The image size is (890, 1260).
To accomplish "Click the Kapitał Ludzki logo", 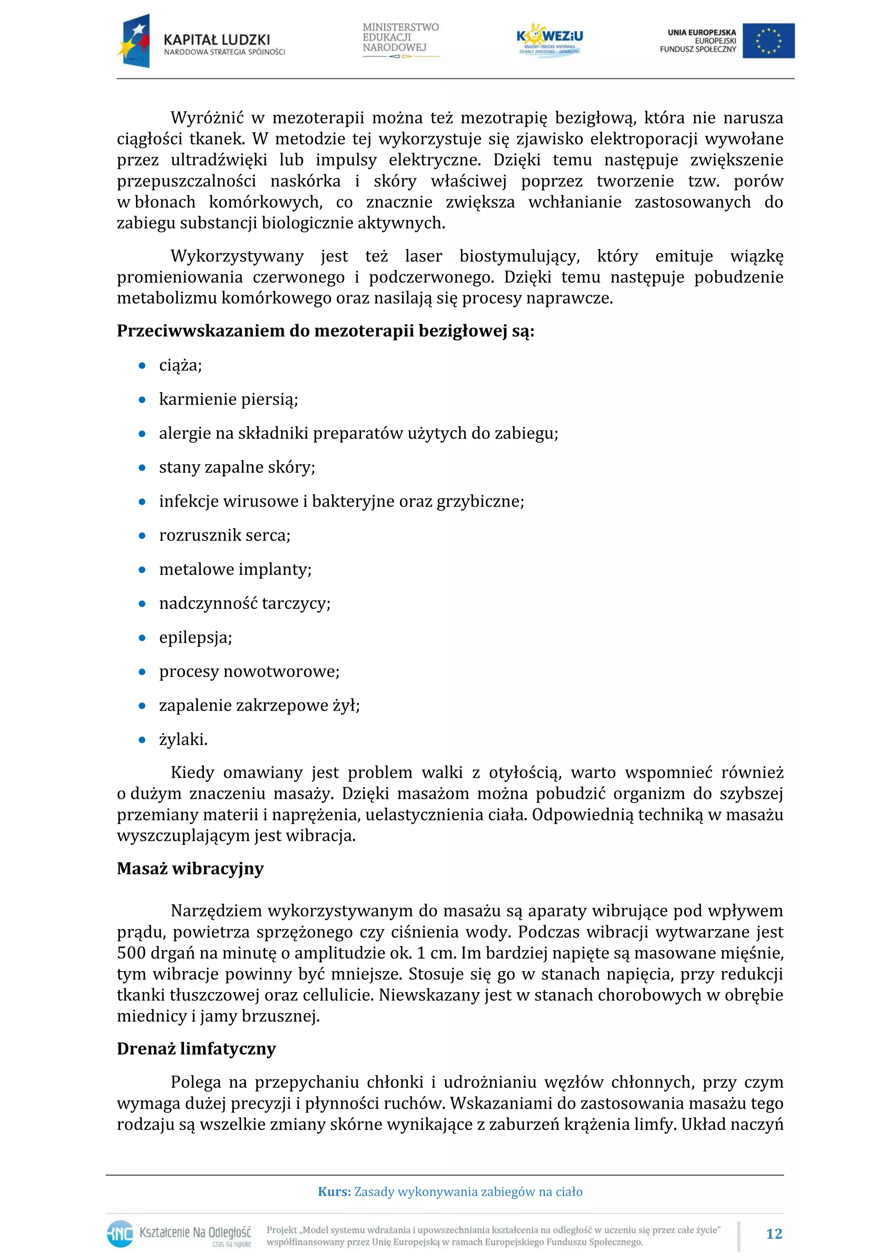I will point(201,42).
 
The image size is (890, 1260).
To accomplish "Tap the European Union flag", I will point(768,40).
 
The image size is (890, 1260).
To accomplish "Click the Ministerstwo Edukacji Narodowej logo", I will point(400,40).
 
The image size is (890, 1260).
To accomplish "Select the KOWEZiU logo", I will point(549,40).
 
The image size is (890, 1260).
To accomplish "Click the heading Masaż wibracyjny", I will point(190,869).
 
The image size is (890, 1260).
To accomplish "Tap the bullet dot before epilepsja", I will point(142,638).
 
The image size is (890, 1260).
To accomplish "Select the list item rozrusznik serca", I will point(224,535).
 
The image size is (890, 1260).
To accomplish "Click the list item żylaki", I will point(183,739).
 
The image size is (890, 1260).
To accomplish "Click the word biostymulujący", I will point(519,256).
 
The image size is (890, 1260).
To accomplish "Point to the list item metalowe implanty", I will point(235,569).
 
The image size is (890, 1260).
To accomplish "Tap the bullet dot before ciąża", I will point(142,365).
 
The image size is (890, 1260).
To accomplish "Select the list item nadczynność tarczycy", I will point(245,603).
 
